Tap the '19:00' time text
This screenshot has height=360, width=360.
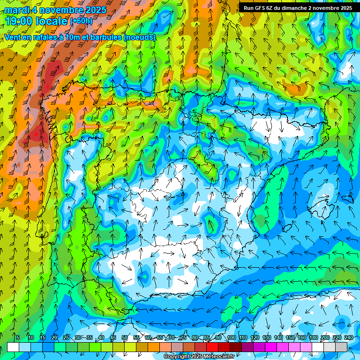(x=19, y=21)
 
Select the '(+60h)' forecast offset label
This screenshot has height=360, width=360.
(x=81, y=21)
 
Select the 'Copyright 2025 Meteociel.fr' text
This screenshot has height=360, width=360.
(x=199, y=357)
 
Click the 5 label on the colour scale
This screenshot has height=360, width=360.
(x=18, y=337)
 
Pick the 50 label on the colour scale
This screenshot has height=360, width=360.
(x=125, y=337)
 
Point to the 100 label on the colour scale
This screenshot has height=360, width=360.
(x=231, y=337)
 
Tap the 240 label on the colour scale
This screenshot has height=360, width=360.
(x=348, y=337)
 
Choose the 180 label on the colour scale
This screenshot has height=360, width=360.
(x=313, y=337)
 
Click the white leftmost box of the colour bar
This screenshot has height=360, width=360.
(x=13, y=347)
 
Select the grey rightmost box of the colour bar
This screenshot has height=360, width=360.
(x=341, y=347)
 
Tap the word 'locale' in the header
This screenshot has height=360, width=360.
(x=51, y=21)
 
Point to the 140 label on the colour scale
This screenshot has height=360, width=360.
(x=278, y=337)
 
